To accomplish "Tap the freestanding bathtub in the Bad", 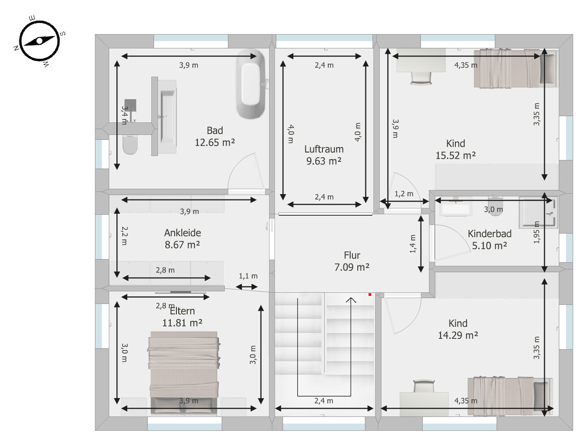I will (x=251, y=84).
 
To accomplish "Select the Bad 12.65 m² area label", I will (x=215, y=137).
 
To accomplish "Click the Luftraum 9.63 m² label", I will (x=324, y=155).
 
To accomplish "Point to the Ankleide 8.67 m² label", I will (x=182, y=238).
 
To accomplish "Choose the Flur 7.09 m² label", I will (x=352, y=261).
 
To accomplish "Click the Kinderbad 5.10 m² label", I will (x=489, y=239).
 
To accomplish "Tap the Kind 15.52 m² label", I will (x=455, y=149).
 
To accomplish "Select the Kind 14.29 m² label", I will (x=458, y=329).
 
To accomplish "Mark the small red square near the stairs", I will (x=370, y=295).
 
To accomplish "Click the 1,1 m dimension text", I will (x=248, y=276).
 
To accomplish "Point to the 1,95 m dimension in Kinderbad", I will (x=536, y=232).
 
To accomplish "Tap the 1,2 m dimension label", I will (x=404, y=194).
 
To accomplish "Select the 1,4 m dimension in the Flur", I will (x=413, y=244).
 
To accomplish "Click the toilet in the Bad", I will (x=130, y=145).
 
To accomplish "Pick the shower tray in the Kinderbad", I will (x=536, y=212).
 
